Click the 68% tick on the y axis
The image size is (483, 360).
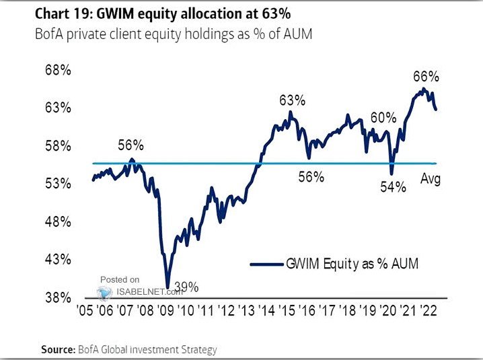(57, 71)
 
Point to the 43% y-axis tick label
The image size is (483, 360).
(57, 259)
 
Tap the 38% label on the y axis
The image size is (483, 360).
(57, 297)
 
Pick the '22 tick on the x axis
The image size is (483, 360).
(431, 312)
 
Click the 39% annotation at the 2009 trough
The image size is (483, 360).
(187, 287)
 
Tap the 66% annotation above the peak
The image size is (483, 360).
(426, 75)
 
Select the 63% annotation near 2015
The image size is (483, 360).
(292, 100)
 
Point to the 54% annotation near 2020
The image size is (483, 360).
(394, 187)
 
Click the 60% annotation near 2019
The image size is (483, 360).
(383, 118)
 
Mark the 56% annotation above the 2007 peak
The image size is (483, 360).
(131, 145)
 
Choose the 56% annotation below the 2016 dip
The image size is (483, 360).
(311, 177)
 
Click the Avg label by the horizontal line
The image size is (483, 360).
(431, 179)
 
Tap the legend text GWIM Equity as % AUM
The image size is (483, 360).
(352, 264)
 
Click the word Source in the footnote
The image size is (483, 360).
(57, 350)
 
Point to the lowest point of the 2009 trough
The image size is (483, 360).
(168, 287)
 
